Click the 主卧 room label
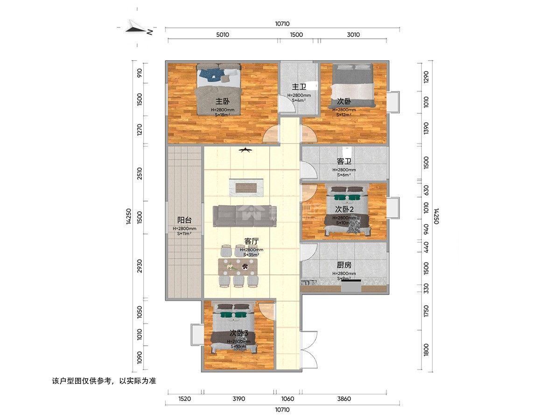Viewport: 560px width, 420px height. click(x=222, y=101)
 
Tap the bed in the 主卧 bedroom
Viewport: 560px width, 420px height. click(x=218, y=89)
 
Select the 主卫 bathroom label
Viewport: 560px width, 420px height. click(x=299, y=87)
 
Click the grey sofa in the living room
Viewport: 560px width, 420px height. click(x=245, y=216)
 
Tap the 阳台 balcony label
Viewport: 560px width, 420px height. click(x=184, y=220)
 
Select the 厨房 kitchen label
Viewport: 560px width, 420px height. click(x=344, y=265)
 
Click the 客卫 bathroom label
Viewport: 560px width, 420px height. click(x=344, y=161)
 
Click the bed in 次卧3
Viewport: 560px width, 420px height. click(x=233, y=329)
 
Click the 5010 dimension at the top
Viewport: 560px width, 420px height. click(x=222, y=35)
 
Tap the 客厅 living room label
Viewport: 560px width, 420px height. click(x=252, y=241)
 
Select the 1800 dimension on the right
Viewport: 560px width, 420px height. click(x=426, y=349)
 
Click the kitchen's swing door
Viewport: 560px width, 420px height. click(x=307, y=253)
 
